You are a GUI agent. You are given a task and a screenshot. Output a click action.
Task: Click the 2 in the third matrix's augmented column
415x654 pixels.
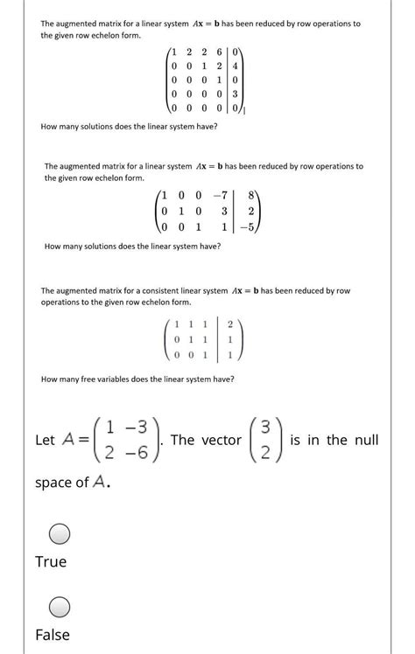point(230,324)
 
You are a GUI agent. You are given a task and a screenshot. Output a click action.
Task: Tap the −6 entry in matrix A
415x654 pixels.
point(127,452)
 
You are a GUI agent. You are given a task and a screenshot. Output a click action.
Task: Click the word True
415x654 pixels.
point(51,561)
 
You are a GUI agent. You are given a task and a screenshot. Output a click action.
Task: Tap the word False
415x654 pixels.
point(53,635)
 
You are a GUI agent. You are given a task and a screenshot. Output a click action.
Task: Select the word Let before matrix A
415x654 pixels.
point(46,441)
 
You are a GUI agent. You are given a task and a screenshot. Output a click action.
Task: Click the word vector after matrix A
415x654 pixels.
point(218,440)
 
